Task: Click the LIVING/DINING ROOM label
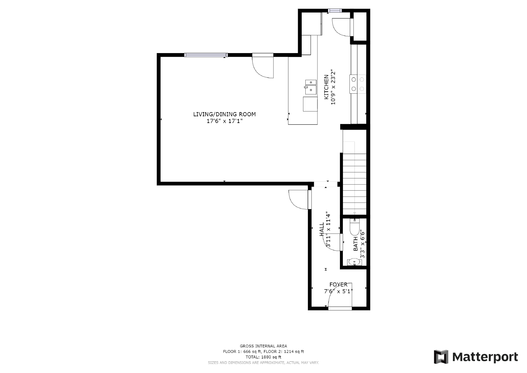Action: coord(224,114)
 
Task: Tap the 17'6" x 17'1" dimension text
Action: coord(224,121)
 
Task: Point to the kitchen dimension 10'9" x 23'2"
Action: coord(333,87)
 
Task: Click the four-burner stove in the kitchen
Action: coord(358,84)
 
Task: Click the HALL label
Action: coord(322,229)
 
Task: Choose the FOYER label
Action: coord(338,284)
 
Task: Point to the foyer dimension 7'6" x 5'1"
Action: coord(338,291)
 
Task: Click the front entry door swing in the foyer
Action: coord(339,297)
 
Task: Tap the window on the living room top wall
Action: coord(206,55)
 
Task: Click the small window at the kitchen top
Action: coord(335,11)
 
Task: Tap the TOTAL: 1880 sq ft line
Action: coord(263,357)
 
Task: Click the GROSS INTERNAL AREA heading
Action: coord(263,346)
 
